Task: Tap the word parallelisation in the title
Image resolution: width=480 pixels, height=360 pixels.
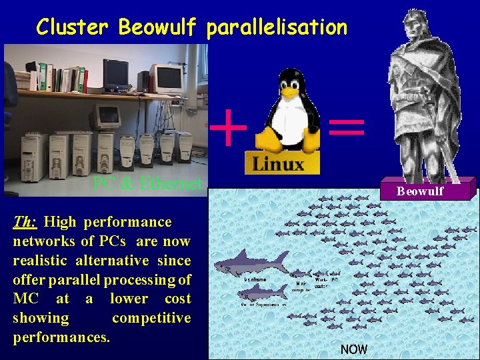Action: (x=277, y=27)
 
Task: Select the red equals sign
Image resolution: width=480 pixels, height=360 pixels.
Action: (x=347, y=127)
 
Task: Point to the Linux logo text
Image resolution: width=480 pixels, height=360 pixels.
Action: (x=278, y=163)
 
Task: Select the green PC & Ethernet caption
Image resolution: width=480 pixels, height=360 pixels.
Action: (x=147, y=183)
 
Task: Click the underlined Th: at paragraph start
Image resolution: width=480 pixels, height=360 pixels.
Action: (x=25, y=222)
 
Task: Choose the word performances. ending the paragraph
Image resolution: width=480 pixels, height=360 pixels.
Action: (x=61, y=337)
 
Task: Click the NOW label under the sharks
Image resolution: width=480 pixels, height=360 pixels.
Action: (x=353, y=349)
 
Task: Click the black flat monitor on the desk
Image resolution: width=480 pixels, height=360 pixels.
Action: (x=115, y=73)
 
